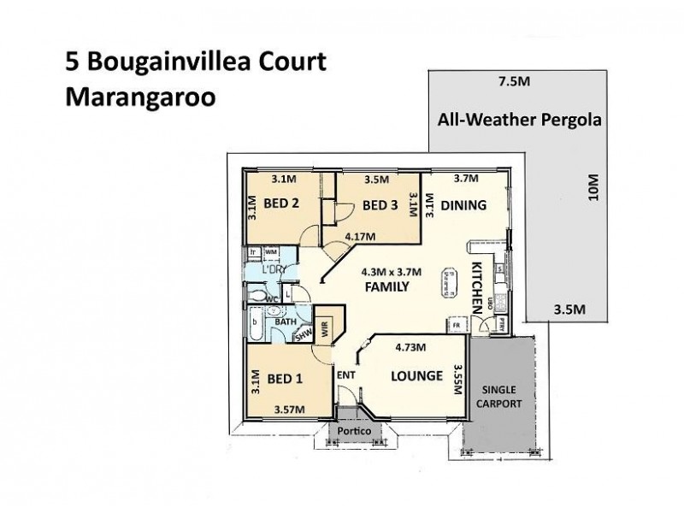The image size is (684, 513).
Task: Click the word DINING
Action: [463, 205]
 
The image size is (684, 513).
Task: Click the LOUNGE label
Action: [416, 376]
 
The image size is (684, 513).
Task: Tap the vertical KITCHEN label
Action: [477, 288]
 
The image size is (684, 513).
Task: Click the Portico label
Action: [353, 433]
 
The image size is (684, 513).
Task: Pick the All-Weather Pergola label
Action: [518, 120]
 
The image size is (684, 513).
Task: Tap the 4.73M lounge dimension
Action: [411, 347]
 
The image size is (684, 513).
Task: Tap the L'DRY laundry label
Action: [274, 270]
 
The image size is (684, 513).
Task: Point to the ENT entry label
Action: [345, 374]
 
